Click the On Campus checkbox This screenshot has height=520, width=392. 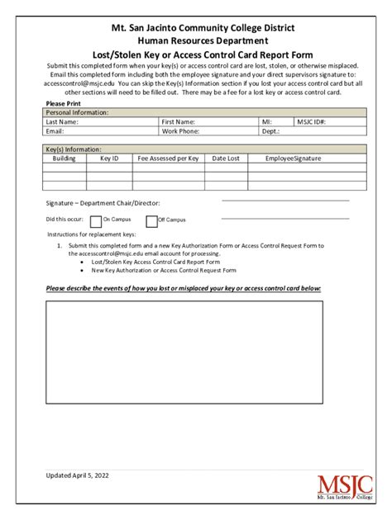[x=96, y=220]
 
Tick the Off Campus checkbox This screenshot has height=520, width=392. [x=151, y=220]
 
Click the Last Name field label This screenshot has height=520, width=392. [x=62, y=121]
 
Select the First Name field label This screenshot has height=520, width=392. [x=179, y=121]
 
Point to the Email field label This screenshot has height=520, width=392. [x=55, y=130]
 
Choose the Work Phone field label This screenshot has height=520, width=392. [x=180, y=130]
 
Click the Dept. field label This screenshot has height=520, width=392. [x=271, y=130]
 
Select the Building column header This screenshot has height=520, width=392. [x=65, y=158]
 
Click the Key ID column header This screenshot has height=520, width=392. [x=109, y=158]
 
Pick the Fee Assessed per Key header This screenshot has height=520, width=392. [x=168, y=158]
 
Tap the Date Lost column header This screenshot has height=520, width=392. [x=226, y=158]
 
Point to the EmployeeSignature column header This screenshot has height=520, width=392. [x=294, y=158]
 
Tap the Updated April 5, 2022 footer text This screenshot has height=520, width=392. [x=77, y=475]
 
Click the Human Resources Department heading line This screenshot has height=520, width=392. [x=197, y=40]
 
